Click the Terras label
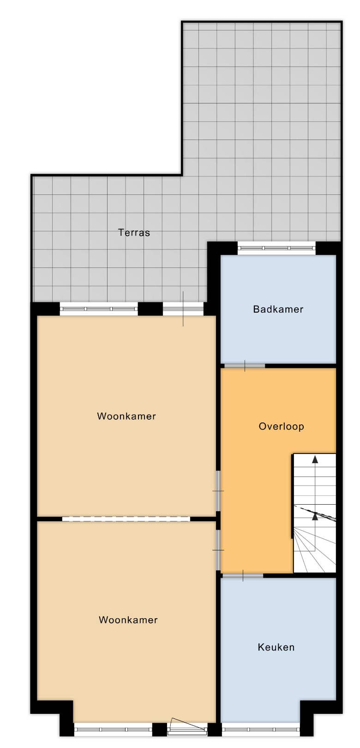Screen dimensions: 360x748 point(134,232)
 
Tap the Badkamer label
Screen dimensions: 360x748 point(278,309)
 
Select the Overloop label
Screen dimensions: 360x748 point(281,427)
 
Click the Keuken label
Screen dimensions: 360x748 point(276,647)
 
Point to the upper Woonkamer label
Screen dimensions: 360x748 point(126,416)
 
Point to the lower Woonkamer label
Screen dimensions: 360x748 point(128,620)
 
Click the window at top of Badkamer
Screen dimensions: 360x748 point(276,248)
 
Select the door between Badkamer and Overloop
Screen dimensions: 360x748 point(245,366)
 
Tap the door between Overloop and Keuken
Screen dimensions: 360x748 point(243,575)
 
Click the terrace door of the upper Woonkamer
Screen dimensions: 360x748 point(183,309)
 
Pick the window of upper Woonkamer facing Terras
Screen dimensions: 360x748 point(99,309)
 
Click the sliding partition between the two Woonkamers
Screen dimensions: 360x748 point(126,519)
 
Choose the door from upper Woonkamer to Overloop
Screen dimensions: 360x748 point(218,491)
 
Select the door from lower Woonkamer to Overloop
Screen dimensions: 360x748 point(218,550)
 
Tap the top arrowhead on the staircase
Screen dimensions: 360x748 point(315,460)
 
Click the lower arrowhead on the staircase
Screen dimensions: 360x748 point(315,517)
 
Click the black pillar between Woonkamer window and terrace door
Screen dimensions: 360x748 point(150,309)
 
